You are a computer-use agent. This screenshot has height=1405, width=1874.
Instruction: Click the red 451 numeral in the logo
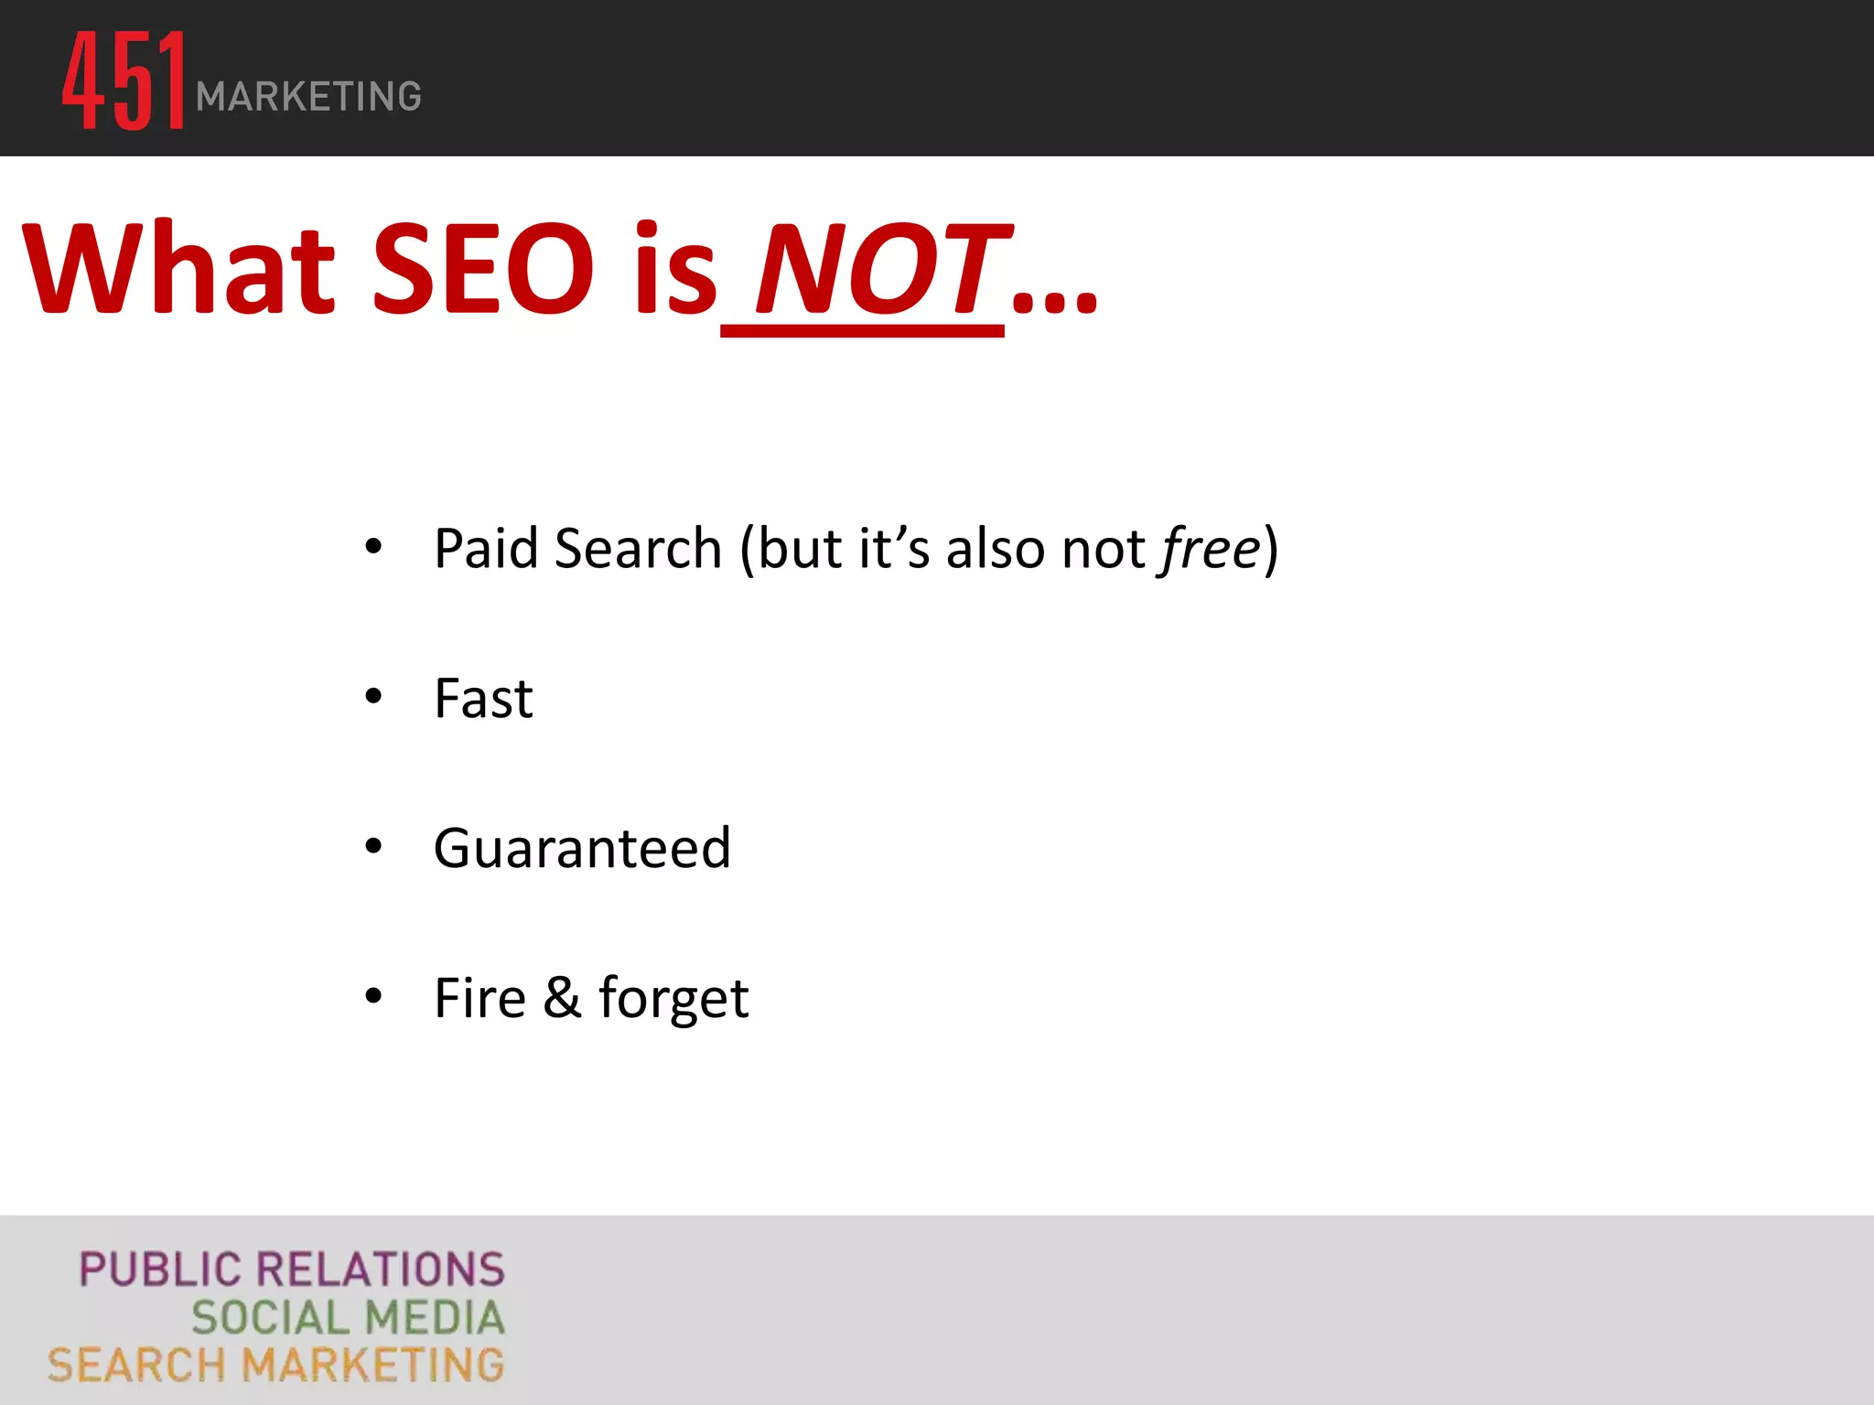point(124,80)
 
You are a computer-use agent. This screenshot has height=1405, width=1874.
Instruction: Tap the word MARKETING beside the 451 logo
point(308,97)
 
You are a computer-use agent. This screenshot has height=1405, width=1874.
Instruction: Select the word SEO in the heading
point(484,269)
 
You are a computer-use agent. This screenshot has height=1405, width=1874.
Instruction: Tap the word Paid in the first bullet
point(485,549)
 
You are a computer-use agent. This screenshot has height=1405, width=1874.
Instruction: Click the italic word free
point(1211,549)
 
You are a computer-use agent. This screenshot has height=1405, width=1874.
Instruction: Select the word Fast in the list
point(483,699)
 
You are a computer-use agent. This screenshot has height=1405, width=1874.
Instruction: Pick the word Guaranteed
point(582,848)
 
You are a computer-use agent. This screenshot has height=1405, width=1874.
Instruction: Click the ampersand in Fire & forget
point(562,997)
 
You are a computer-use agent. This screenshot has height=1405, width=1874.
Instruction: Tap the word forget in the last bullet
point(673,999)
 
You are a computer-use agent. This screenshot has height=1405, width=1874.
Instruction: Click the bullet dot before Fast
point(373,697)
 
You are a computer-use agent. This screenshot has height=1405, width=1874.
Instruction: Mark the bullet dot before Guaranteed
point(373,846)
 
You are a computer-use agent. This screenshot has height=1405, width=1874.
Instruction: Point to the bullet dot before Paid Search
point(373,547)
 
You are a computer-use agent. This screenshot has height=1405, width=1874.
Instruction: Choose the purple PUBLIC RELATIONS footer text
point(292,1270)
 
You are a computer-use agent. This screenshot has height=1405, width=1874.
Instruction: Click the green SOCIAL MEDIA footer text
point(348,1318)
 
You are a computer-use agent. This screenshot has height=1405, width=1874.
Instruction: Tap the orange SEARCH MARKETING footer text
point(275,1366)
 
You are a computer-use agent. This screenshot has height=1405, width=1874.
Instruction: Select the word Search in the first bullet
point(638,549)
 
